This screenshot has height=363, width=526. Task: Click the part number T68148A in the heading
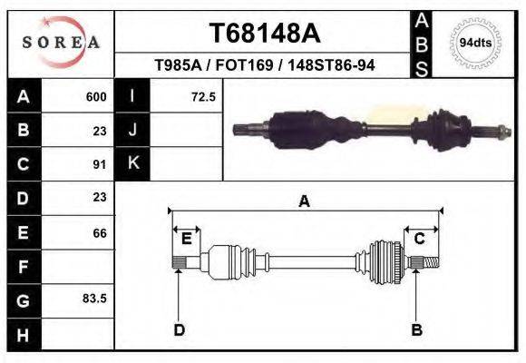pyautogui.click(x=265, y=34)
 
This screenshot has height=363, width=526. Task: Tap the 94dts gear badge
pyautogui.click(x=476, y=43)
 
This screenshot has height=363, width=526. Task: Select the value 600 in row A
pyautogui.click(x=96, y=97)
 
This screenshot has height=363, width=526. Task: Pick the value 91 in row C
pyautogui.click(x=100, y=165)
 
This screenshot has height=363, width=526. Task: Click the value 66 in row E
pyautogui.click(x=100, y=233)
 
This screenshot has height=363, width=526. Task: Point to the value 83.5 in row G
pyautogui.click(x=95, y=299)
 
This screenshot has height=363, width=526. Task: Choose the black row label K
pyautogui.click(x=132, y=164)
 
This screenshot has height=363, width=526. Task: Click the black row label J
pyautogui.click(x=132, y=131)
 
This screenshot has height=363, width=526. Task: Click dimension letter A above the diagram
pyautogui.click(x=305, y=202)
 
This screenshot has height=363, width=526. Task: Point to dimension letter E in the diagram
pyautogui.click(x=186, y=239)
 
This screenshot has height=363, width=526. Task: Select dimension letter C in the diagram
pyautogui.click(x=420, y=239)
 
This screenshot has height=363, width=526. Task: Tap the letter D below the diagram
pyautogui.click(x=179, y=329)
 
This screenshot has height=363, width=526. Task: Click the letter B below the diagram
pyautogui.click(x=417, y=329)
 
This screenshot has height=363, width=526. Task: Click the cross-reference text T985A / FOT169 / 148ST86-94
pyautogui.click(x=265, y=66)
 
